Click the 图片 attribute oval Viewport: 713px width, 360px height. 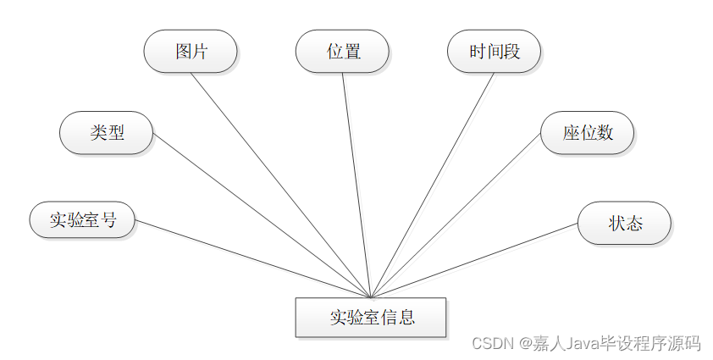[x=191, y=52]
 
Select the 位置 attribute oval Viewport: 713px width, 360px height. [x=342, y=52]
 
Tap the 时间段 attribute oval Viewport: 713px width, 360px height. [x=494, y=52]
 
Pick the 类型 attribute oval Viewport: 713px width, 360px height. [x=107, y=133]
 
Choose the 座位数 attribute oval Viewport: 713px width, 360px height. [x=587, y=133]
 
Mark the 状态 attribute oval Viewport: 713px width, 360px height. [x=624, y=224]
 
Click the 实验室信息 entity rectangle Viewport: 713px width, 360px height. [x=371, y=318]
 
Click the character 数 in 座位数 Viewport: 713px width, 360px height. [x=604, y=133]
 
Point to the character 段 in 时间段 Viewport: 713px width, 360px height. [x=511, y=52]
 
